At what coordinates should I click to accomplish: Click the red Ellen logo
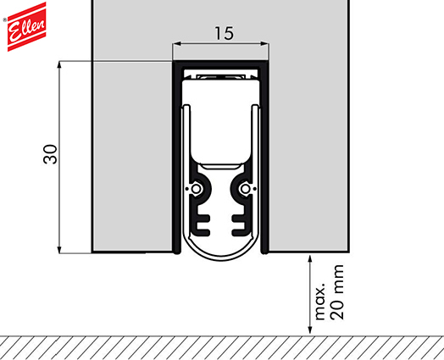(x=26, y=26)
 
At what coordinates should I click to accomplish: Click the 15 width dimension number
(x=224, y=33)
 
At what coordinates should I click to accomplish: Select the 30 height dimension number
(x=50, y=154)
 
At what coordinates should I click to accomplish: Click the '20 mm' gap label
(x=336, y=292)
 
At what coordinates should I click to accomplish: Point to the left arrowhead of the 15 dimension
(x=177, y=43)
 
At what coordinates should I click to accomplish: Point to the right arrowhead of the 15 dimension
(x=264, y=43)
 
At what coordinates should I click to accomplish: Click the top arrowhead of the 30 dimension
(x=59, y=64)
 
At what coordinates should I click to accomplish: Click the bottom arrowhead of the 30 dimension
(x=59, y=250)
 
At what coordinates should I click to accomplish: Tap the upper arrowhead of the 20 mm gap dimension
(x=310, y=259)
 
